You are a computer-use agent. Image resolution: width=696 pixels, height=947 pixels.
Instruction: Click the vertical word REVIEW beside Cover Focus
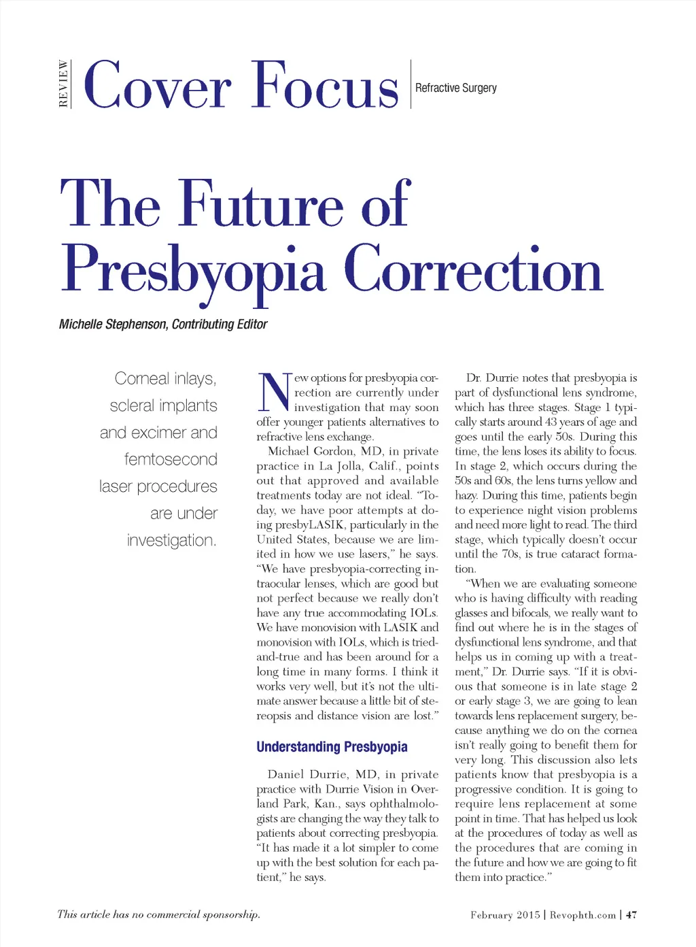tap(63, 84)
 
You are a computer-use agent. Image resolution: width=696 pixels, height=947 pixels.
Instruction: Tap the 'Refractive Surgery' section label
tap(455, 88)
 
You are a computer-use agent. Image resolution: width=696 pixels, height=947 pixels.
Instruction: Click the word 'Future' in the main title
tap(262, 204)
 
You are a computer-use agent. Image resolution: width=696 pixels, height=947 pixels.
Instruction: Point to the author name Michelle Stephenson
tap(112, 325)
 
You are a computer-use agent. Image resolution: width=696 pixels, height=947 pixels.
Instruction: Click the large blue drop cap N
tap(275, 393)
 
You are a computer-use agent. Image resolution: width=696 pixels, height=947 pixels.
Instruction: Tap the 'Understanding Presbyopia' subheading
tap(332, 747)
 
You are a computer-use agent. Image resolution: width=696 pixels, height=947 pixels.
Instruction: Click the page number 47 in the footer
tap(631, 915)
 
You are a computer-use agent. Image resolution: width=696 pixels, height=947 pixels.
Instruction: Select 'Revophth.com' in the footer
tap(582, 915)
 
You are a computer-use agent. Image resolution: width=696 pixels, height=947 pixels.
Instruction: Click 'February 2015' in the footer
tap(505, 915)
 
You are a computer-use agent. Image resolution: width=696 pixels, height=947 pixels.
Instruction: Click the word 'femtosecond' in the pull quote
tap(171, 460)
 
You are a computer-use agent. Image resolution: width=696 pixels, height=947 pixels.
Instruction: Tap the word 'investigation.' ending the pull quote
tap(171, 541)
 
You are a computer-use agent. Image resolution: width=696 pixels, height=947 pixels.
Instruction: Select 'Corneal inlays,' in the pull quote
tap(165, 379)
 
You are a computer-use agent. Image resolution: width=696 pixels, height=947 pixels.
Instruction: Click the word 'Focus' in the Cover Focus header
tap(325, 86)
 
